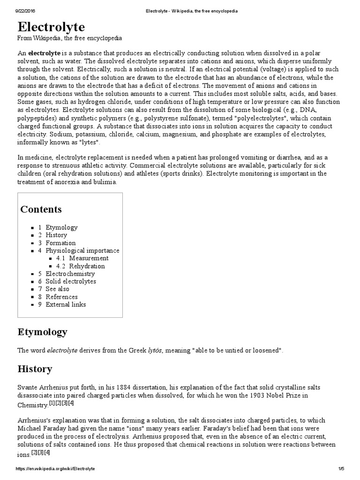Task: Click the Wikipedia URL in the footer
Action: pos(55,469)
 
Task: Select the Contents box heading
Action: pos(41,209)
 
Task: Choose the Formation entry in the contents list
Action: pos(60,243)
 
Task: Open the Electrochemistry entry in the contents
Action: pos(70,274)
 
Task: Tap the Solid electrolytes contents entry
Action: pos(70,281)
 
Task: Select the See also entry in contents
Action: pos(57,289)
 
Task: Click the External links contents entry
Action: pos(66,305)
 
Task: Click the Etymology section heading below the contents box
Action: pos(42,332)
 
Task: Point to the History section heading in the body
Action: pos(35,369)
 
